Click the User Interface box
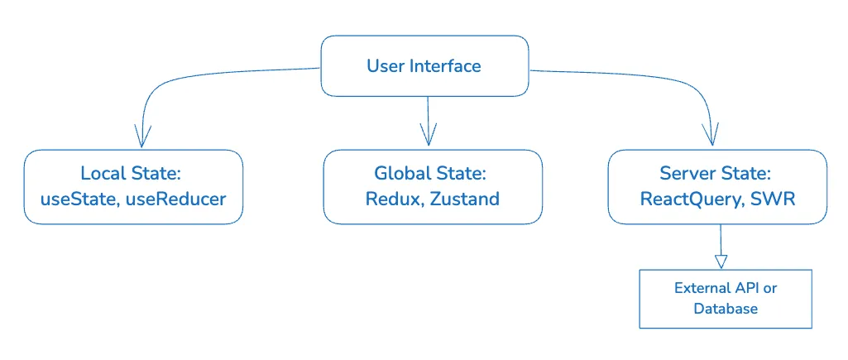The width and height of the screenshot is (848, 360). point(424,65)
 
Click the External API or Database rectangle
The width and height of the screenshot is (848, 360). point(726,298)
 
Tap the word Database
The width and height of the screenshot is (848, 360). point(726,309)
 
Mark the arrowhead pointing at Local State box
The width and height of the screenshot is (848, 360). point(143,135)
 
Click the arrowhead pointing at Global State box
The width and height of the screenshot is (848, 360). point(428,135)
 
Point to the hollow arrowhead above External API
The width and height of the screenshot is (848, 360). point(721,260)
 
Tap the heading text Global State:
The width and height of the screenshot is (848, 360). point(430,174)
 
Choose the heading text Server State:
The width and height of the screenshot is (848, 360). point(716,174)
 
